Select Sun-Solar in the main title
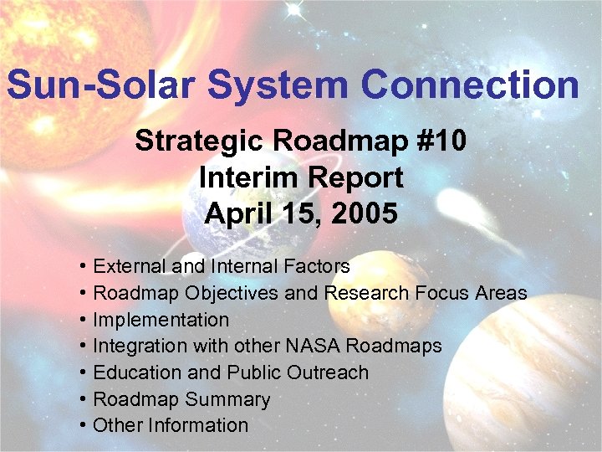click(x=100, y=85)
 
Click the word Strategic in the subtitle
click(x=192, y=141)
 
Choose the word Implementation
click(x=161, y=320)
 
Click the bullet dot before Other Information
click(x=85, y=425)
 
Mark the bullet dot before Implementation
click(x=85, y=320)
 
